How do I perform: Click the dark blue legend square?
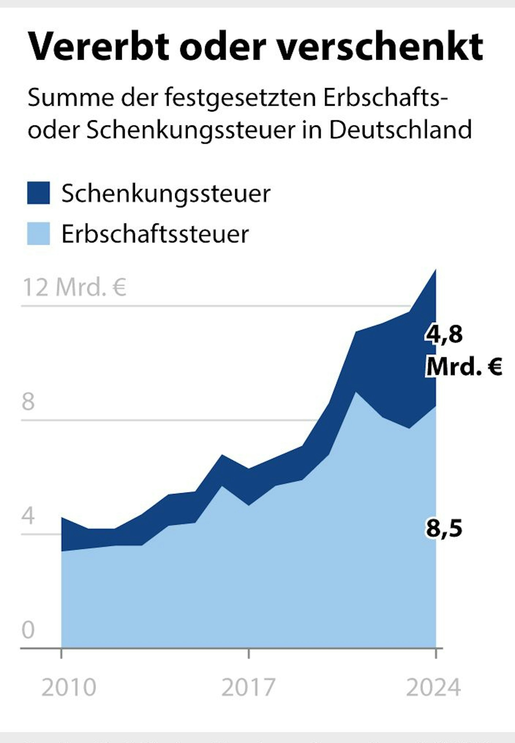38,193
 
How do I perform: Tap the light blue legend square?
38,233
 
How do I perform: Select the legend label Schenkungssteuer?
166,194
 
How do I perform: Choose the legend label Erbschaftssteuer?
155,234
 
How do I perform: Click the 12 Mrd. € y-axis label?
74,287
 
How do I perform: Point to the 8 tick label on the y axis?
28,402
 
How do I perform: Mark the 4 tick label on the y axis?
28,516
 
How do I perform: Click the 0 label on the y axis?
28,630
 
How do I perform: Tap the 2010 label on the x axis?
69,687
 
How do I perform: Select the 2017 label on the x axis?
248,687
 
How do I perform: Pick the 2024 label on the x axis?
433,687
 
